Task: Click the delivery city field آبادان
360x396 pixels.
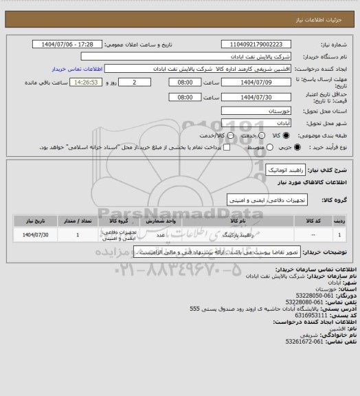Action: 264,122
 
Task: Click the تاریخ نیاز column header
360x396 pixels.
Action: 33,221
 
